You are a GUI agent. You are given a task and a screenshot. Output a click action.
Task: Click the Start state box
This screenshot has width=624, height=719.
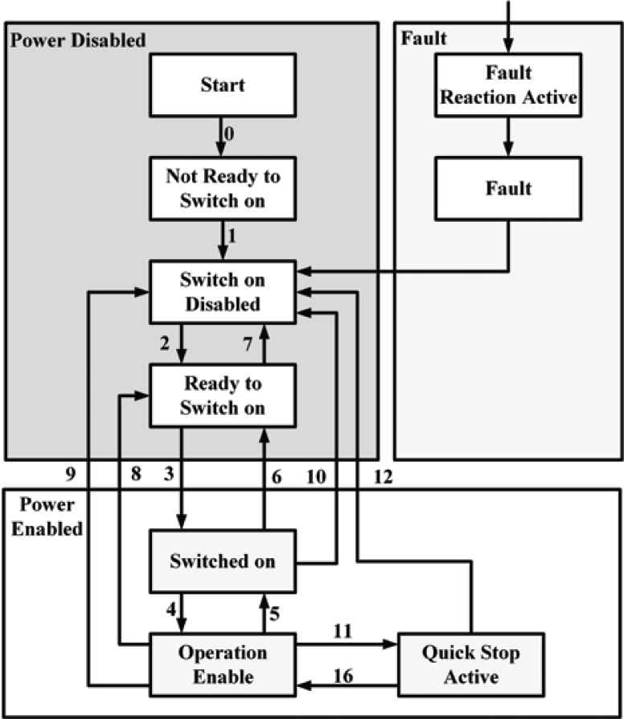(x=222, y=84)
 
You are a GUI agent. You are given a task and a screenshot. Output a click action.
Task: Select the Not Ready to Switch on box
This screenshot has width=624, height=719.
(x=223, y=188)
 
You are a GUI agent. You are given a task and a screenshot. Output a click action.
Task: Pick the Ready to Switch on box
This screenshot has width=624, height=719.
(x=222, y=395)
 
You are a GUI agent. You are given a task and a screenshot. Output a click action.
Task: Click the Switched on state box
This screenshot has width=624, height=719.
(x=222, y=561)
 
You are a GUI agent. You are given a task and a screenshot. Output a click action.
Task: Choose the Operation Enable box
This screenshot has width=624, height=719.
(x=222, y=664)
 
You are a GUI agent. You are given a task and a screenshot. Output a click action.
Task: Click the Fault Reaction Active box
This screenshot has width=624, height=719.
(x=508, y=84)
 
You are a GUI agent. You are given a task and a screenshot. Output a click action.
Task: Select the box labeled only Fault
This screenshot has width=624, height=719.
(x=508, y=188)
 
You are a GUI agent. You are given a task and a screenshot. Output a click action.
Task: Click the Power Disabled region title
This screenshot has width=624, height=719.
(x=78, y=39)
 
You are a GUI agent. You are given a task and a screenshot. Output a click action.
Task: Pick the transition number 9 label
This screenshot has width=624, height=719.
(x=70, y=475)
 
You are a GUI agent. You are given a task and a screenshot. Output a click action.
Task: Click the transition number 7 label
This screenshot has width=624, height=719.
(x=248, y=343)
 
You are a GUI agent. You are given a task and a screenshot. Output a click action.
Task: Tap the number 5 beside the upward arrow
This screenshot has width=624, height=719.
(x=274, y=614)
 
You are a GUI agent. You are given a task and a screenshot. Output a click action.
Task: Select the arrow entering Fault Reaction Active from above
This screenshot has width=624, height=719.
(x=507, y=24)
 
